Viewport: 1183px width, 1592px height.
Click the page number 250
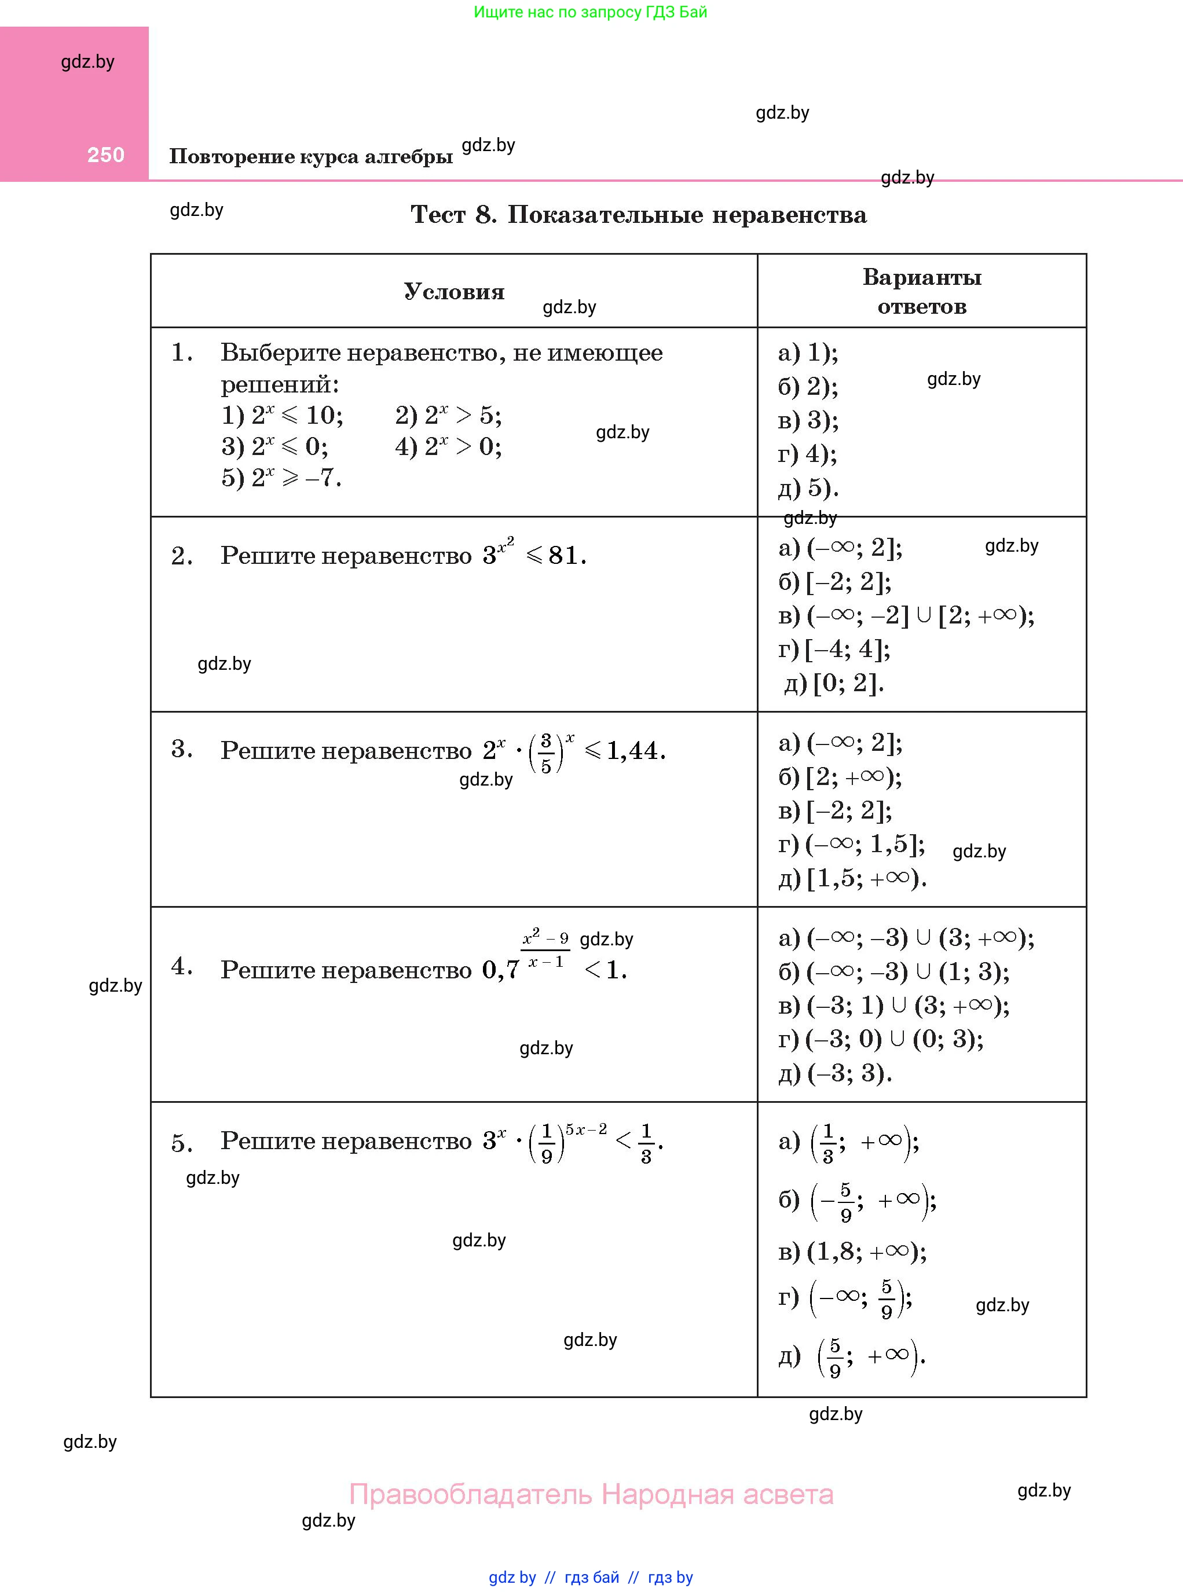(x=106, y=155)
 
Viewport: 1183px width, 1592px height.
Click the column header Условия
(x=454, y=291)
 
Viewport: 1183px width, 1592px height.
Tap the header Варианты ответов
(x=922, y=291)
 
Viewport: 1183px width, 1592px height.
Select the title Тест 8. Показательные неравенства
(x=638, y=215)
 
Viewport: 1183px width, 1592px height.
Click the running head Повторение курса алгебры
(x=311, y=156)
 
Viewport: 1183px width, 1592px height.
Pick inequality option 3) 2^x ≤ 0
(x=274, y=447)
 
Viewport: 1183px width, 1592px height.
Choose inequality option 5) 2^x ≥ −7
(x=281, y=478)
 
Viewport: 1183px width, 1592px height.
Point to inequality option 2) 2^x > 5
(x=448, y=415)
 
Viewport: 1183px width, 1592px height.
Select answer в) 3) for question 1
(x=808, y=420)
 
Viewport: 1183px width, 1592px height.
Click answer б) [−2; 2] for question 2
(x=835, y=582)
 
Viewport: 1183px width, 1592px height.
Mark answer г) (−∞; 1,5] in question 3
(x=851, y=845)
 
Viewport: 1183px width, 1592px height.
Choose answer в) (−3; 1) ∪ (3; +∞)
(x=893, y=1005)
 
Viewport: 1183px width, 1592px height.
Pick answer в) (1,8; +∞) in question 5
(x=852, y=1251)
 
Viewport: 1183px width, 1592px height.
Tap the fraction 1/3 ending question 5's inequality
(x=646, y=1144)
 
